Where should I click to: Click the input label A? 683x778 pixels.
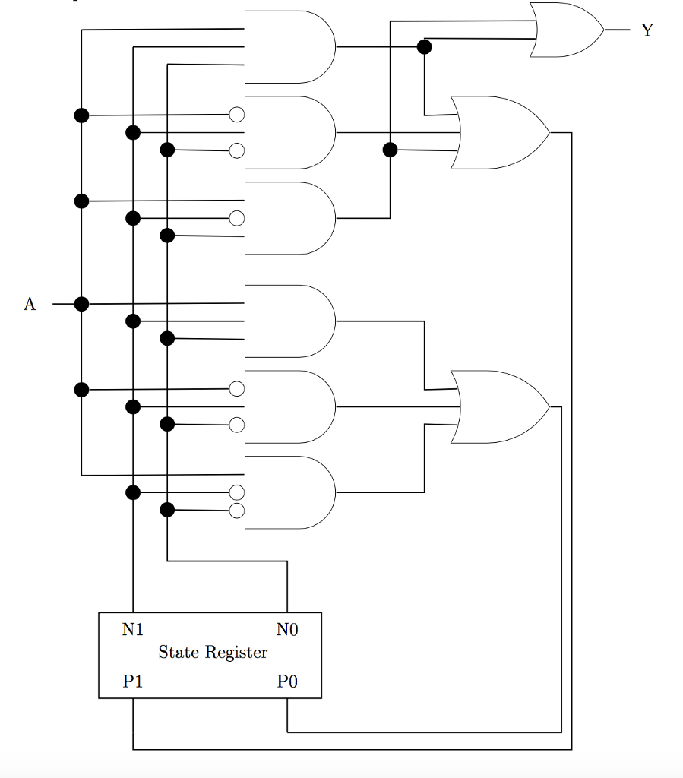tap(30, 305)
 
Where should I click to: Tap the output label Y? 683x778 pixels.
tap(647, 30)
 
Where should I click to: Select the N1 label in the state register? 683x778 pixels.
tap(133, 629)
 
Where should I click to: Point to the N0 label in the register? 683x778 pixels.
tap(287, 629)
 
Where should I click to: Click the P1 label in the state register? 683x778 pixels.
tap(133, 682)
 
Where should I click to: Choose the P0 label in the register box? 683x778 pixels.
tap(287, 682)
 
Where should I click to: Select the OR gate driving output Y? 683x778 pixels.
tap(567, 30)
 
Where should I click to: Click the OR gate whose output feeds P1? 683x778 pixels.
tap(498, 132)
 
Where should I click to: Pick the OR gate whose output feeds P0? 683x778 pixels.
tap(498, 407)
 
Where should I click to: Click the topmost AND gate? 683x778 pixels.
tap(289, 47)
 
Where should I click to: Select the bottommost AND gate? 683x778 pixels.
tap(289, 492)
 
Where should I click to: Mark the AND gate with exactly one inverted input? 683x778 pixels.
tap(289, 218)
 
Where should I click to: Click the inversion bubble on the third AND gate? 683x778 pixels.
tap(237, 219)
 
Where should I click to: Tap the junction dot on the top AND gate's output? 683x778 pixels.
tap(425, 47)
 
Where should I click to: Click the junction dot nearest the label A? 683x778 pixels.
tap(82, 304)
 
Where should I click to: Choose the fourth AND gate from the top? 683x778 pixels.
tap(289, 321)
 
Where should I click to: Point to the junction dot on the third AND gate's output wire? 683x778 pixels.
tap(390, 150)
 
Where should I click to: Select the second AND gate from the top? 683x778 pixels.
tap(289, 132)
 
